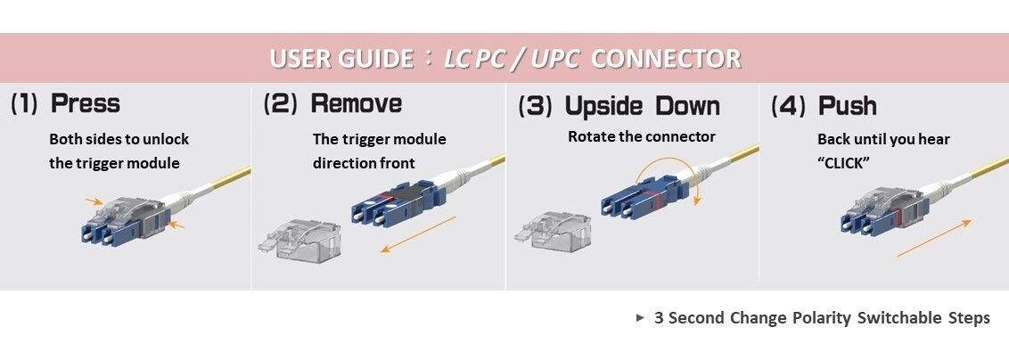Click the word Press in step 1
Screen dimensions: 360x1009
(x=86, y=103)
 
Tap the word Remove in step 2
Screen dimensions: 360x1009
(x=356, y=103)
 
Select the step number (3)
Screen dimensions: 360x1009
(x=536, y=106)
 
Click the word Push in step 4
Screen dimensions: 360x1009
(x=848, y=106)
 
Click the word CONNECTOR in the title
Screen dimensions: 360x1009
(x=666, y=60)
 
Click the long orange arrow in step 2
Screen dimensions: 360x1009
(x=418, y=234)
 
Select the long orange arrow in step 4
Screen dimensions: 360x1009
(x=934, y=240)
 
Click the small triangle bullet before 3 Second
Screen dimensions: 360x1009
(x=640, y=318)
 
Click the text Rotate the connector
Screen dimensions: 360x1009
(x=641, y=137)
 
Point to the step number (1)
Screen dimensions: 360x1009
(x=24, y=103)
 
